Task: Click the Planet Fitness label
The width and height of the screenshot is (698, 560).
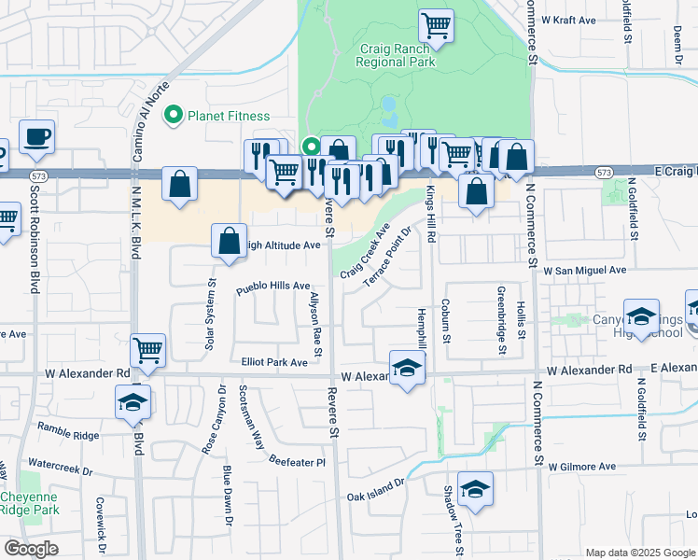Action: (228, 117)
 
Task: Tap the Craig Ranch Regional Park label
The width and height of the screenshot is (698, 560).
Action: (396, 55)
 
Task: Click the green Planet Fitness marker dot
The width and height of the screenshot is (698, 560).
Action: (172, 116)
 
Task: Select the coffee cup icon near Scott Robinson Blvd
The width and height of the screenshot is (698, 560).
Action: (36, 137)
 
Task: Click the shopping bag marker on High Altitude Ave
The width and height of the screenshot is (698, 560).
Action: (229, 242)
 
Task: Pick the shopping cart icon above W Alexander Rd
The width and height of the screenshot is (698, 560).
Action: (148, 351)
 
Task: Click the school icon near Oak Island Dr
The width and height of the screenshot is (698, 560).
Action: (475, 489)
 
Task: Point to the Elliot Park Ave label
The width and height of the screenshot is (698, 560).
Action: (274, 362)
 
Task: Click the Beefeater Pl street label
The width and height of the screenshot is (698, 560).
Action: (297, 462)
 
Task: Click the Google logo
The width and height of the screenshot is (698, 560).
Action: (31, 549)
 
